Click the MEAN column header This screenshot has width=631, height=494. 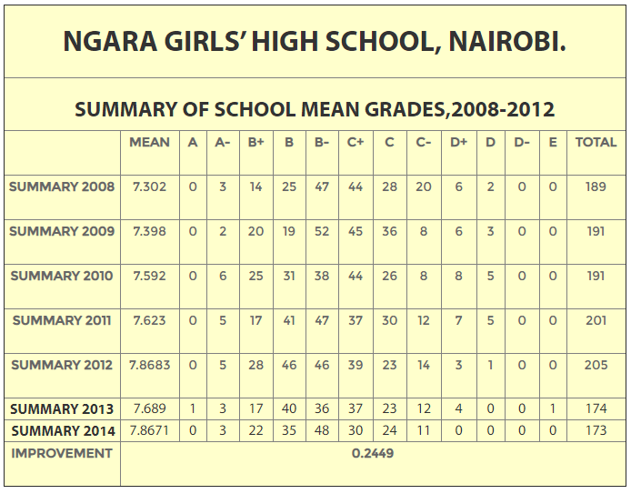point(149,143)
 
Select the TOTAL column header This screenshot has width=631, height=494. point(596,143)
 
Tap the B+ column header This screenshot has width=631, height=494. point(255,143)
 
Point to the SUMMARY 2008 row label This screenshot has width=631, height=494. point(62,187)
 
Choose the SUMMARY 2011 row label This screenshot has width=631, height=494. point(62,320)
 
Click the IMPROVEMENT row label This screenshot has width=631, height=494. point(62,454)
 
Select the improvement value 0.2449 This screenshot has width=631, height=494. point(373,453)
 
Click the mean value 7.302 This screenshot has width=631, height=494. point(149,187)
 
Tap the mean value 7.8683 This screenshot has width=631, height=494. point(149,365)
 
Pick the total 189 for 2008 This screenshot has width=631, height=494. point(596,187)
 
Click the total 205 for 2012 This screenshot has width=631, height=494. point(596,365)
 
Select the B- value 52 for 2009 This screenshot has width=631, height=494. point(322,232)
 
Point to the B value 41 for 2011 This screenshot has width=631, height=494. point(288,320)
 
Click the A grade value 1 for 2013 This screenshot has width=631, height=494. point(193,409)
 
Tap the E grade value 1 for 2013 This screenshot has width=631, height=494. point(553,409)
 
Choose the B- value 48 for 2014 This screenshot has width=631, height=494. point(322,430)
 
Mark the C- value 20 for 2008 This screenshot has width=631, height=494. point(424,187)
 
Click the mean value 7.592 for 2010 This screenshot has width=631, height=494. point(149,276)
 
